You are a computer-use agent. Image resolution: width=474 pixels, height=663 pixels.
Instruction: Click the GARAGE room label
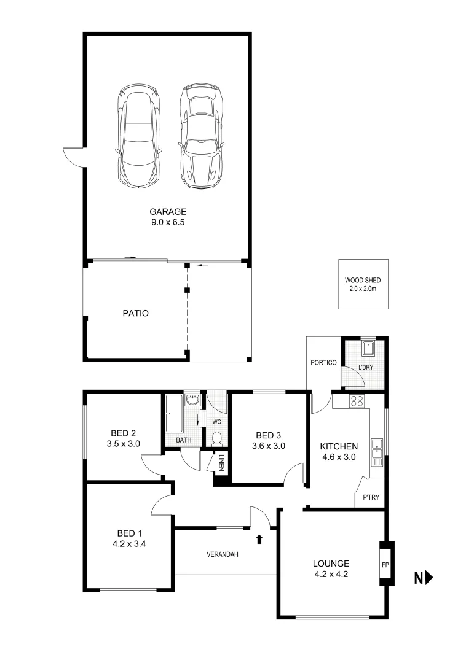tap(168, 212)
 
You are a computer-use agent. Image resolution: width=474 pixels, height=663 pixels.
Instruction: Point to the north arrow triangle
tap(429, 577)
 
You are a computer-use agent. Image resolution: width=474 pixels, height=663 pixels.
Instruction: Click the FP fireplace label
tap(385, 564)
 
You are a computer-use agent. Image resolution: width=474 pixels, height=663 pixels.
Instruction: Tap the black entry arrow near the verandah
tap(259, 539)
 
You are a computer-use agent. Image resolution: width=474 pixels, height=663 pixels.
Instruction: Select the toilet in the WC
tap(216, 438)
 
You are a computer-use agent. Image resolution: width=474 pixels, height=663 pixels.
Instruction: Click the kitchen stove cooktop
tap(357, 402)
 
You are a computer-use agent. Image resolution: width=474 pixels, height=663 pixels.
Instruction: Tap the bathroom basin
tap(193, 400)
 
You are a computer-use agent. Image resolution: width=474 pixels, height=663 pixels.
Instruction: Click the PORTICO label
tap(323, 363)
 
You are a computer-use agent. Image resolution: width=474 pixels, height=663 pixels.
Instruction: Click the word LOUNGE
tap(331, 564)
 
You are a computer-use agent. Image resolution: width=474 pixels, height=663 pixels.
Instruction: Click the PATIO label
tap(135, 312)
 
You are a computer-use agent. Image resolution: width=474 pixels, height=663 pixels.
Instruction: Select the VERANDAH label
tap(222, 554)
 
